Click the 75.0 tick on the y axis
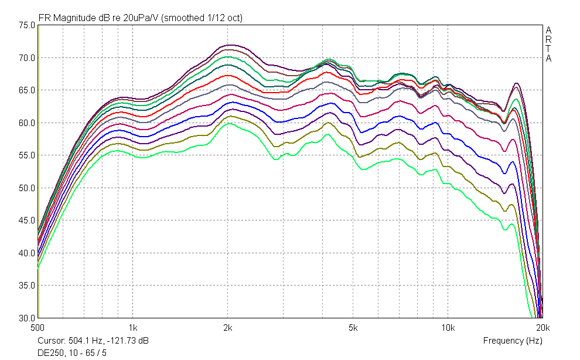coord(26,25)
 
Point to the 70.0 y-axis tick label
coord(26,58)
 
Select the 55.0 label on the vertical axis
coord(26,155)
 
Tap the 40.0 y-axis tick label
coord(26,253)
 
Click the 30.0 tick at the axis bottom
coord(26,318)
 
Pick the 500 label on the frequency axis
coord(37,328)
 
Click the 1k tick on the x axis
coord(133,328)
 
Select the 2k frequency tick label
coord(228,328)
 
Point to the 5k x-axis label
coord(353,328)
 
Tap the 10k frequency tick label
coord(448,328)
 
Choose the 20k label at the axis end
coord(543,328)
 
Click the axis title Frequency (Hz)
coord(513,341)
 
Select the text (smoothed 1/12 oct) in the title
coord(202,18)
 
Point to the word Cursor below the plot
coord(52,341)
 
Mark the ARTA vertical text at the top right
coord(548,44)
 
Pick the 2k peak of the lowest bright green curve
coord(229,123)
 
